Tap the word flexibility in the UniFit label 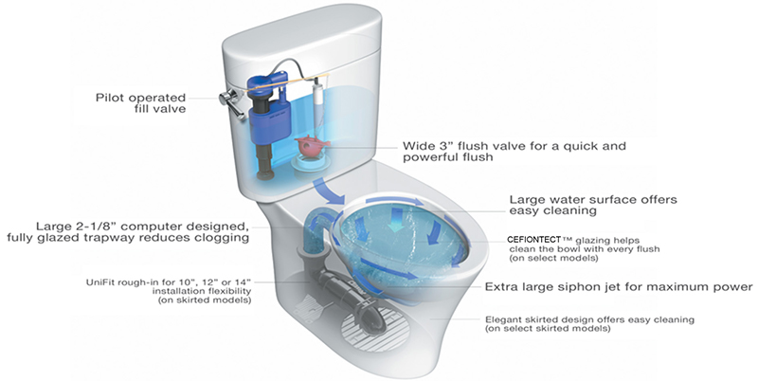[x=186, y=291]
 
